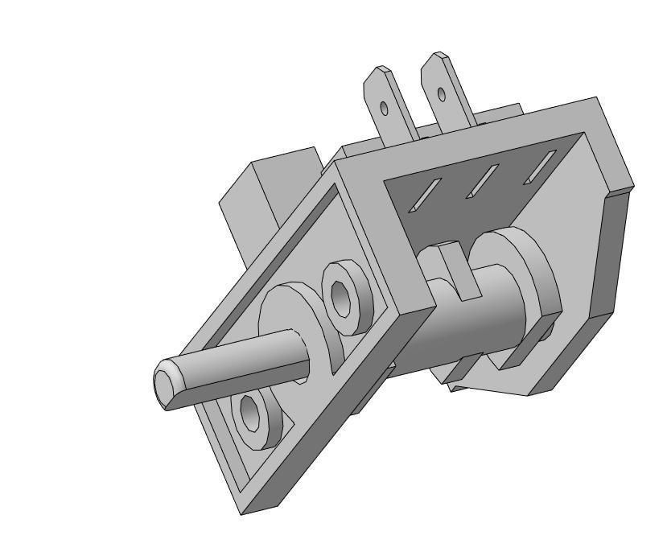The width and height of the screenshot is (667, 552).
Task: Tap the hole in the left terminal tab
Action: tap(385, 108)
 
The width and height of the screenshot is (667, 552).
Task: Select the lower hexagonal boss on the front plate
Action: tap(256, 418)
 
